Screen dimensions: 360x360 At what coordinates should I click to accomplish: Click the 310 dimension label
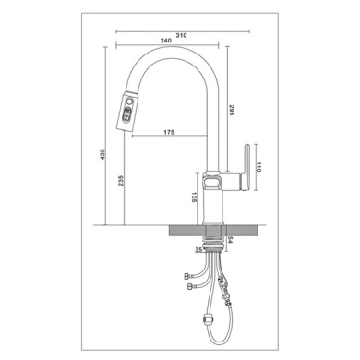pos(181,35)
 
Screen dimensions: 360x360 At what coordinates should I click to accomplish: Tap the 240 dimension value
pos(165,41)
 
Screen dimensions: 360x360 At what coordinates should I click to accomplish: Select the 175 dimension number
pos(169,132)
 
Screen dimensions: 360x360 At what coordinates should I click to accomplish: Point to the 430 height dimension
pos(102,154)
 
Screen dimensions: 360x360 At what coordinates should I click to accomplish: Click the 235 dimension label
pos(121,181)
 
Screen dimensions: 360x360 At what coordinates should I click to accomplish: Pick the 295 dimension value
pos(231,110)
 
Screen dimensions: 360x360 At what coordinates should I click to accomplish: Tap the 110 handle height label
pos(258,167)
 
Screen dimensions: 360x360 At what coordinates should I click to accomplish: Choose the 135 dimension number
pos(194,198)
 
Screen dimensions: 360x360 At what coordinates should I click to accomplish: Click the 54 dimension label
pos(231,240)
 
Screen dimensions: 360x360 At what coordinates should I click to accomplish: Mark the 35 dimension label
pos(199,250)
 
